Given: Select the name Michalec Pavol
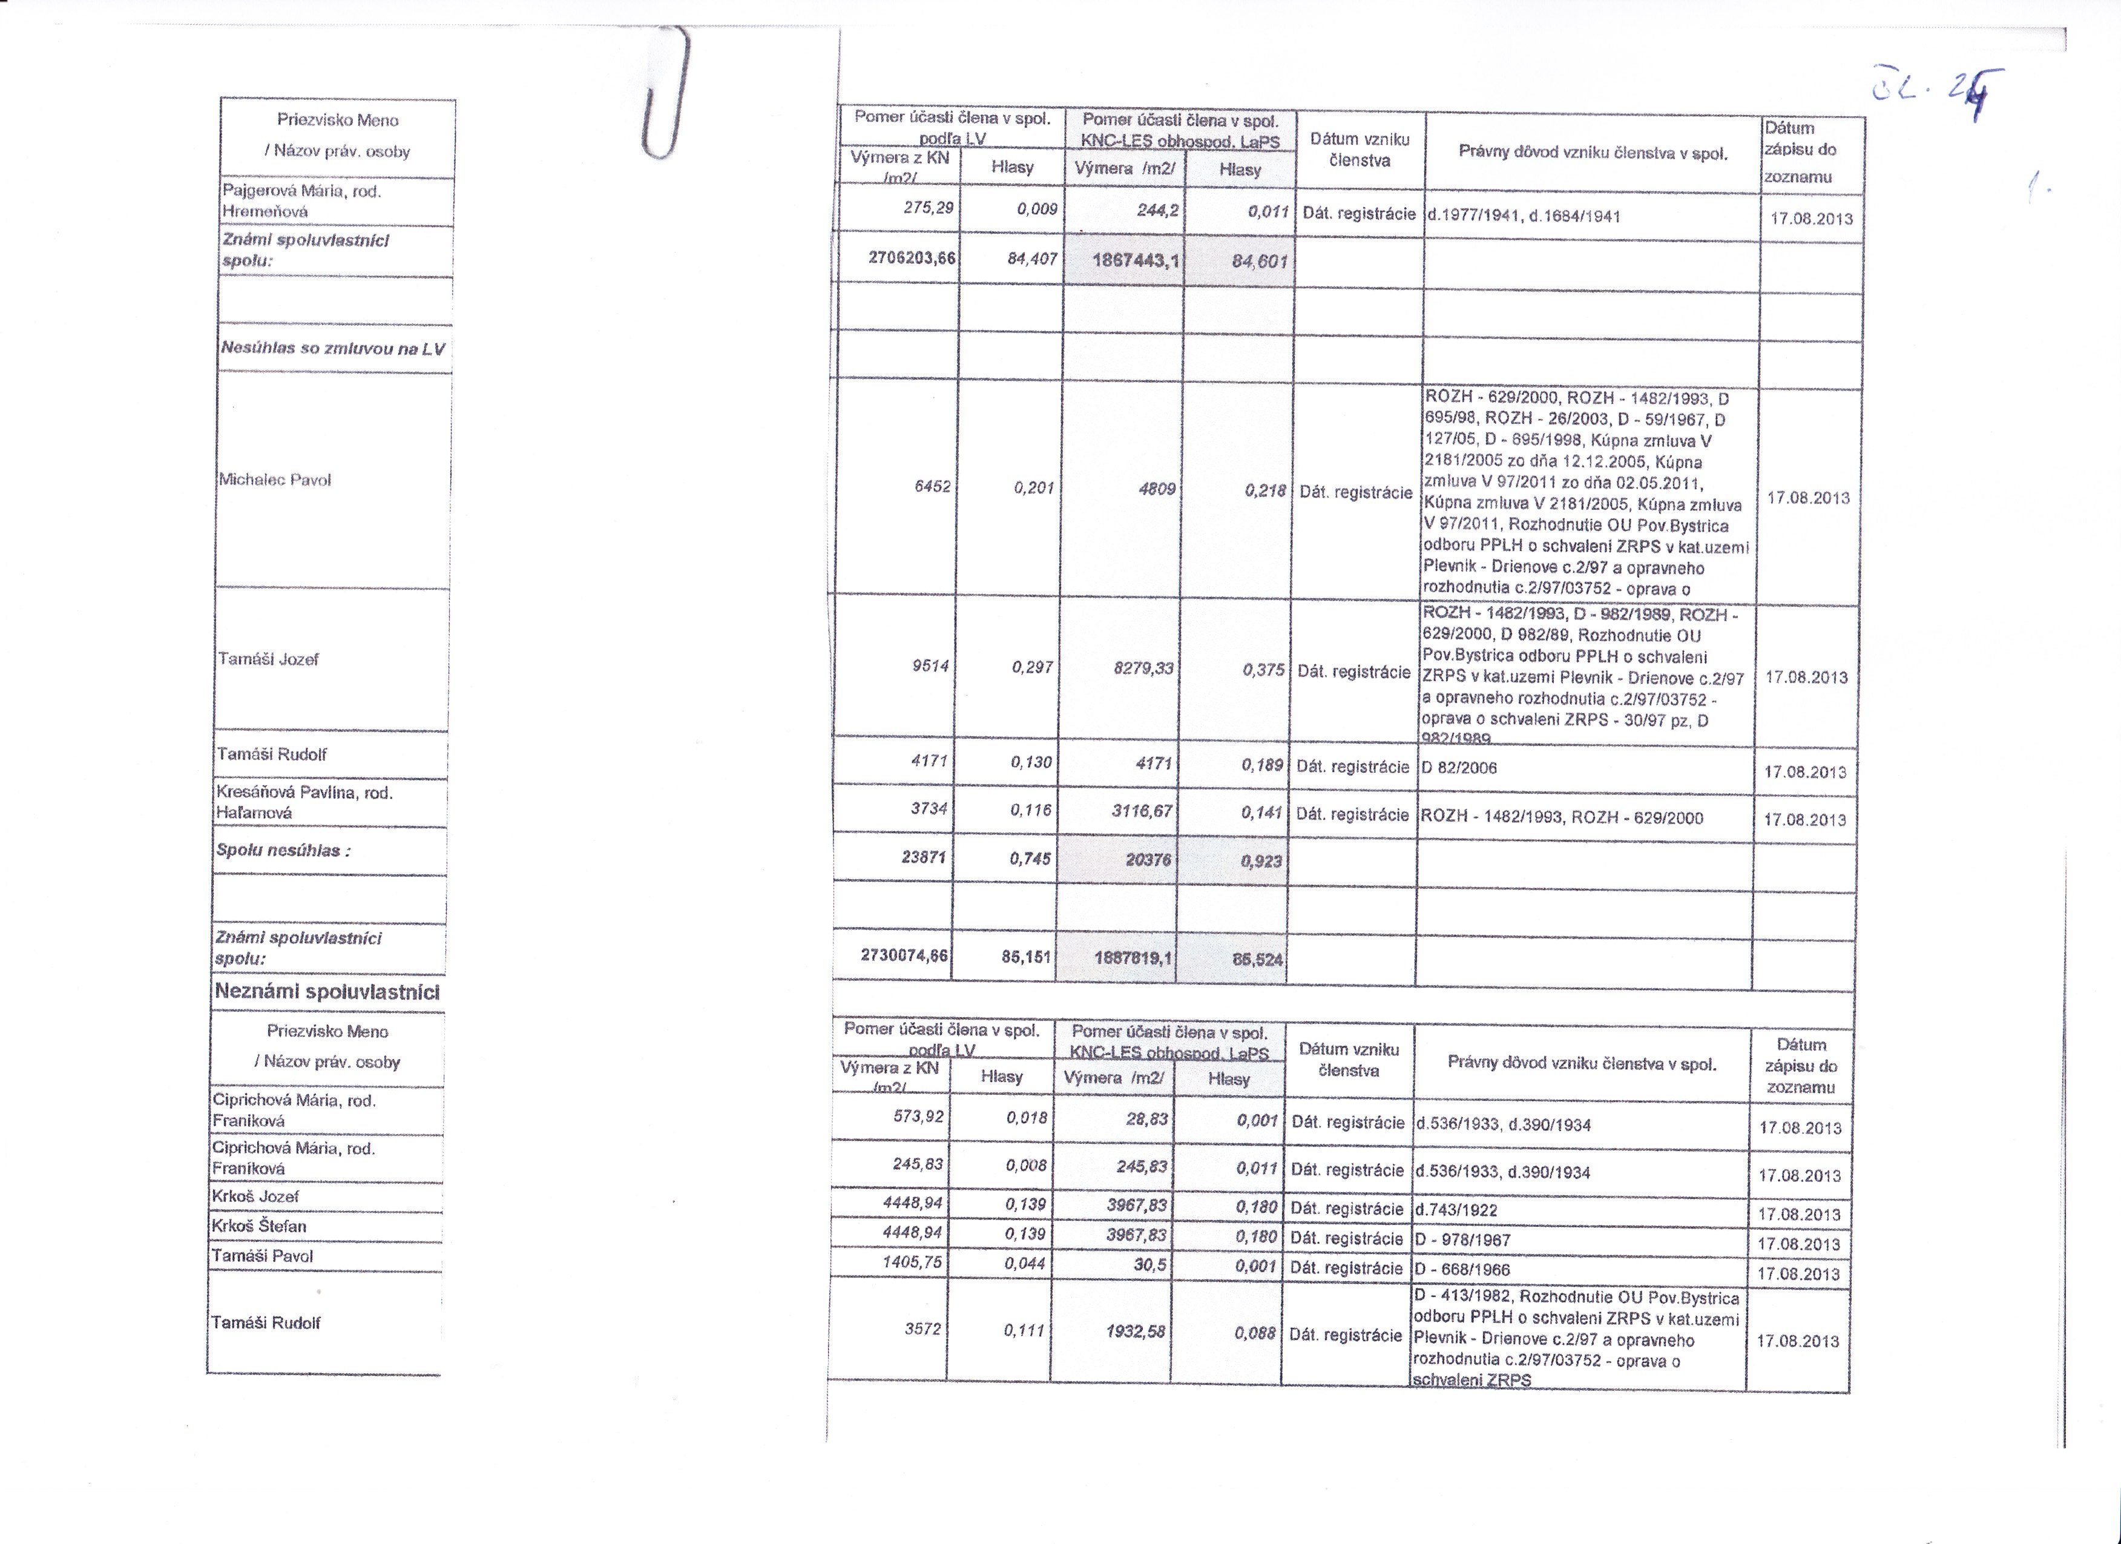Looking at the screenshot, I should (275, 480).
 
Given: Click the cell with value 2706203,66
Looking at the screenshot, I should (912, 257).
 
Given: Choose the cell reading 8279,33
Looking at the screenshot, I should (1143, 668).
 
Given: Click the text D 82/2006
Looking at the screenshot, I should (1459, 768).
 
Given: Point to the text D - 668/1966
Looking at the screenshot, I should (1462, 1269).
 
